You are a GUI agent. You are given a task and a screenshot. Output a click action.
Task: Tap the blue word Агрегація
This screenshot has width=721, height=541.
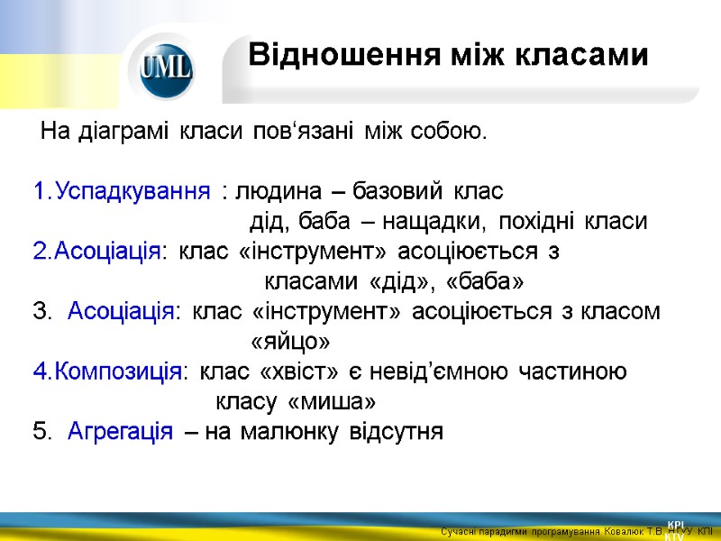coord(120,431)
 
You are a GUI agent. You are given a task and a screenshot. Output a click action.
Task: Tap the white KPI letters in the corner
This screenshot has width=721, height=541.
coord(676,524)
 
